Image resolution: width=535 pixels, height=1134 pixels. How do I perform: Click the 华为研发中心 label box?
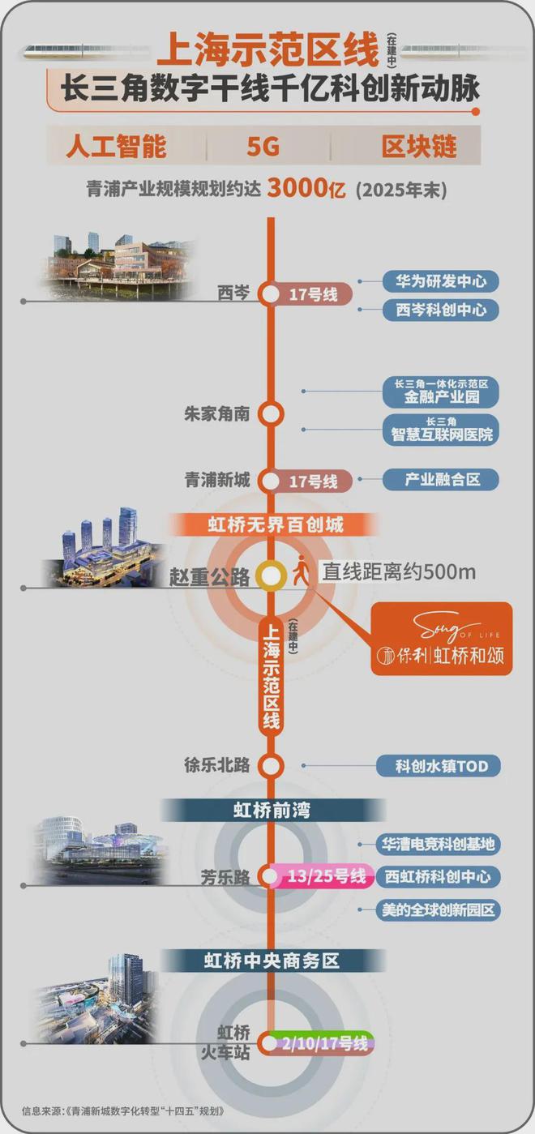[441, 281]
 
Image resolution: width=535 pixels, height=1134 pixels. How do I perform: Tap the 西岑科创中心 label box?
[441, 310]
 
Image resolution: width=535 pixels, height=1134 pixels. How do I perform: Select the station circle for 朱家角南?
[271, 413]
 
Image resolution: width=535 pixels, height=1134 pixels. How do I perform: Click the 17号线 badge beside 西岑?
[313, 295]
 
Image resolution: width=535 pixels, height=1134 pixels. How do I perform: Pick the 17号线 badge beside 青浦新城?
[313, 481]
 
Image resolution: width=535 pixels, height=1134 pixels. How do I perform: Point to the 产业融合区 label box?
[442, 479]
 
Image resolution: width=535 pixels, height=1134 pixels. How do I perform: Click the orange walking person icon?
[301, 571]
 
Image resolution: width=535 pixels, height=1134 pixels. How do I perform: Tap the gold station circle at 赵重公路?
[271, 576]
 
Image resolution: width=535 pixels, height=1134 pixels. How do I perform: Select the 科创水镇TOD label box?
[442, 765]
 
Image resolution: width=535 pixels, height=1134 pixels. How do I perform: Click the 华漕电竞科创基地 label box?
[439, 844]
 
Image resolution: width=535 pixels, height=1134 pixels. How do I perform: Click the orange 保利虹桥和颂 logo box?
[442, 639]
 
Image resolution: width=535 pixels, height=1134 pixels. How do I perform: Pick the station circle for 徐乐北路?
[271, 765]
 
